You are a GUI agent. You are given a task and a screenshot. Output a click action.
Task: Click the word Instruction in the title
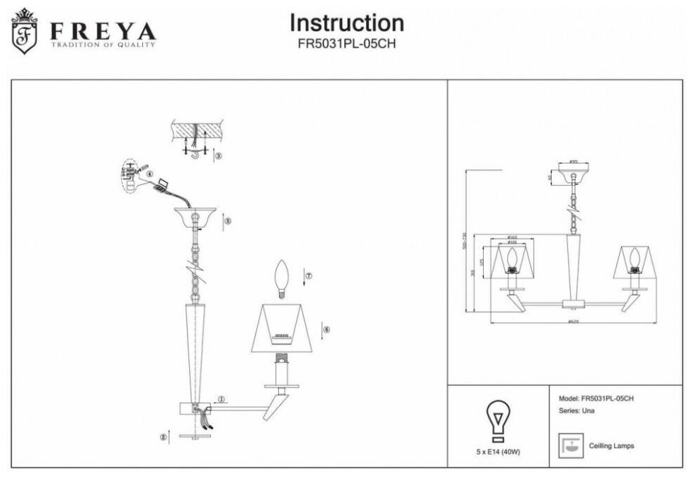(x=347, y=23)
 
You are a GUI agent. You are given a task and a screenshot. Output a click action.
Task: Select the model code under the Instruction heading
(x=347, y=41)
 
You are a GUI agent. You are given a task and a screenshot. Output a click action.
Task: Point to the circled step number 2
(x=164, y=437)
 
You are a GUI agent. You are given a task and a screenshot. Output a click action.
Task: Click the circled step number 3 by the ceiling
(x=218, y=156)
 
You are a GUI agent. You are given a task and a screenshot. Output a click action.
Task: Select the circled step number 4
(x=149, y=175)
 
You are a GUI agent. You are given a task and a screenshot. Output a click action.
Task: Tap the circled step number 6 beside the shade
(x=326, y=329)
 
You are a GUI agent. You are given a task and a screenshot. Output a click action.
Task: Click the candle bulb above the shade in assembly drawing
(x=282, y=278)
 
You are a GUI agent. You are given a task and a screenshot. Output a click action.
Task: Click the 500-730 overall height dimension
(x=465, y=241)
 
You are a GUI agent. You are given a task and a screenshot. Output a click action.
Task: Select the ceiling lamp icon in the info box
(x=569, y=445)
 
